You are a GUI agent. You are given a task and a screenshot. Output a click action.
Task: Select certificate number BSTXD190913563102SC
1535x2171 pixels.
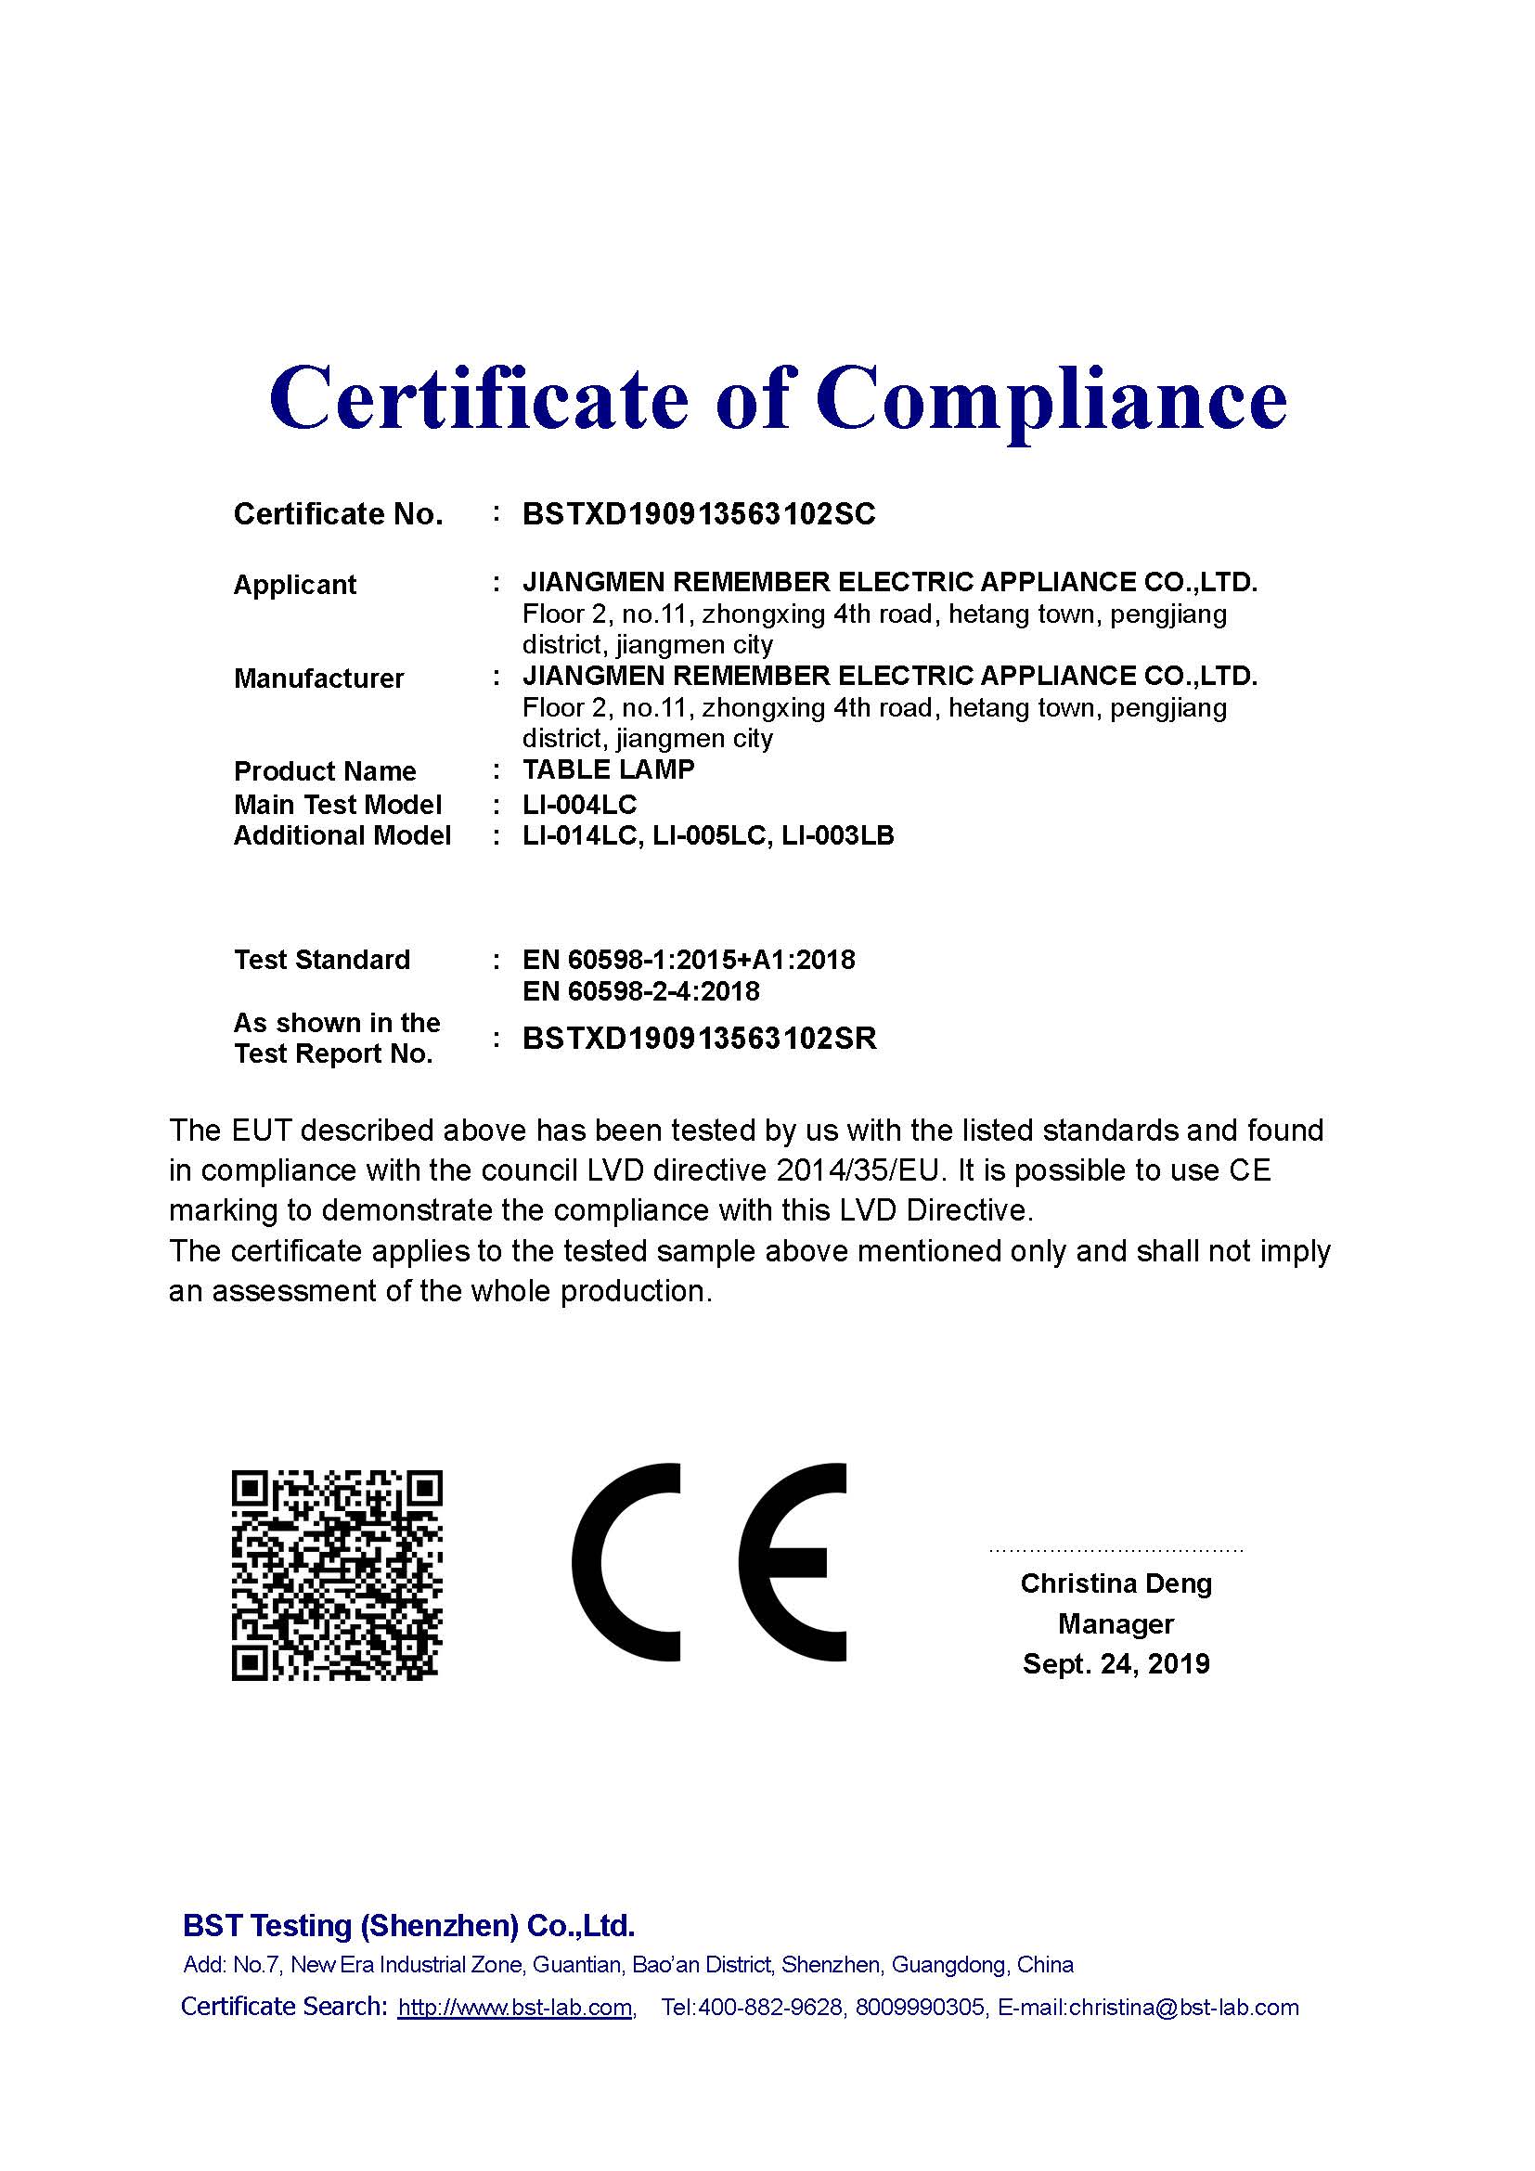[699, 514]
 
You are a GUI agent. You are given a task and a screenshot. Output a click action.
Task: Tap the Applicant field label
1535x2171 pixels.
[294, 585]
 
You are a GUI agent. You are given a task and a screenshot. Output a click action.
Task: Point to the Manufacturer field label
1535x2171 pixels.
[318, 678]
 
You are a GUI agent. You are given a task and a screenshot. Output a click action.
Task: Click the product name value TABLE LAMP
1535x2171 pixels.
[608, 769]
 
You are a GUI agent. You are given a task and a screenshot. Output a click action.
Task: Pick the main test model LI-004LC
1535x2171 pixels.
[579, 805]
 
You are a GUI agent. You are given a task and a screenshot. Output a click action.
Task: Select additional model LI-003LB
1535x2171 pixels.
[837, 836]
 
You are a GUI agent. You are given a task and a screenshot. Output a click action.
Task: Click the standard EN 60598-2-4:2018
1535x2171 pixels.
[641, 991]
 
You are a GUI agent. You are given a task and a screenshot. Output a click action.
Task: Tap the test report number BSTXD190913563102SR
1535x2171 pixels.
[700, 1039]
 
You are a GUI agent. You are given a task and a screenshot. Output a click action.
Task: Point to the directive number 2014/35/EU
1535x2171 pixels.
[860, 1170]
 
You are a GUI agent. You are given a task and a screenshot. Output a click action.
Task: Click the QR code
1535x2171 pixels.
[338, 1574]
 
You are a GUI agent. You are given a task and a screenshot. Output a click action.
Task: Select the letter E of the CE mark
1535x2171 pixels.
[792, 1562]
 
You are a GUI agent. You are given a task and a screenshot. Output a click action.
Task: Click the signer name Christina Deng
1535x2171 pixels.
[1116, 1583]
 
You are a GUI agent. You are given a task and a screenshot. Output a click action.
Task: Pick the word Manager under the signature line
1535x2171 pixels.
[1116, 1623]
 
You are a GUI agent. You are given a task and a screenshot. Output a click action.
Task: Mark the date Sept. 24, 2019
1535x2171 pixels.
[1116, 1664]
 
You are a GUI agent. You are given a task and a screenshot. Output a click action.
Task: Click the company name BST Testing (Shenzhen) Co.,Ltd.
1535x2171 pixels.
[408, 1926]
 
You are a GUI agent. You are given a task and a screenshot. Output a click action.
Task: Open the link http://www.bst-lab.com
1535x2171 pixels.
[515, 2008]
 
